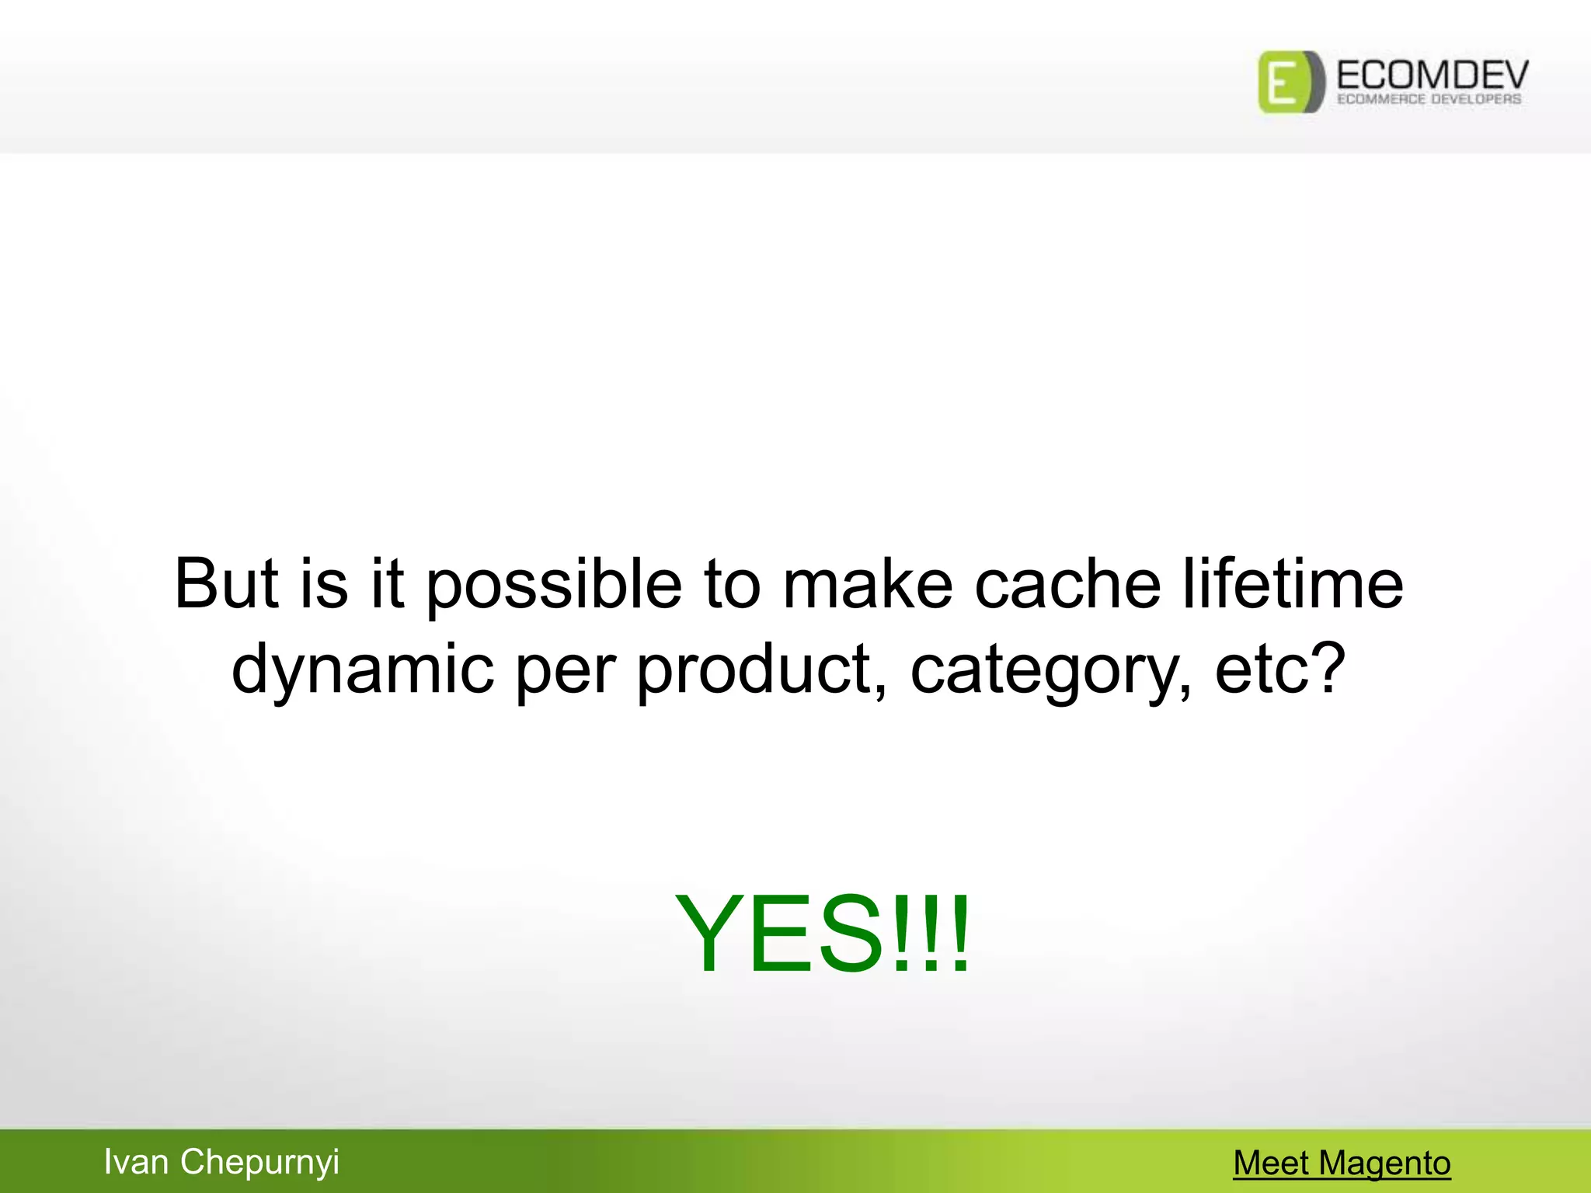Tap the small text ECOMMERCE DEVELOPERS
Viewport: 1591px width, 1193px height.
click(x=1429, y=99)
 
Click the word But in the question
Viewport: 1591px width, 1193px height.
click(x=226, y=584)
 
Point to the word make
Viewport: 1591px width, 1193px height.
click(x=866, y=584)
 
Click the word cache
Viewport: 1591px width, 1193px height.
click(x=1067, y=584)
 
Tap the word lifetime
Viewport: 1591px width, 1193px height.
click(x=1293, y=584)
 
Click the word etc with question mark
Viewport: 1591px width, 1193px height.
click(x=1279, y=670)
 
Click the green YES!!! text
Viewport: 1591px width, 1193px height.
click(x=822, y=934)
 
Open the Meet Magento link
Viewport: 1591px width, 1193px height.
click(x=1342, y=1163)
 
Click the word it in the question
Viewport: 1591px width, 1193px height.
click(x=387, y=584)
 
